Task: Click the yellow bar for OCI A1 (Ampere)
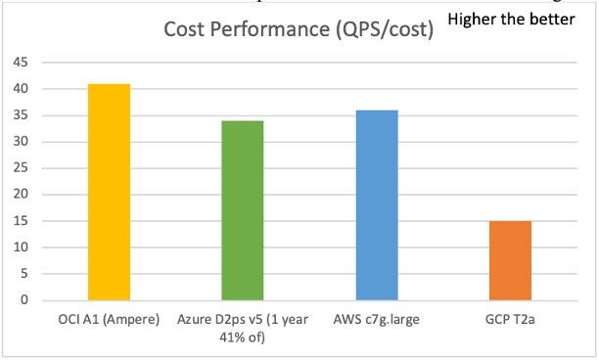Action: click(x=109, y=192)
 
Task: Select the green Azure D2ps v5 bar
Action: click(x=242, y=210)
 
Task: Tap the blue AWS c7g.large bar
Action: click(x=377, y=204)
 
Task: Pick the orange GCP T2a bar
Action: click(x=510, y=260)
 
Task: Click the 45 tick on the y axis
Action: click(x=20, y=63)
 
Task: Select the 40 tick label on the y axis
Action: click(x=20, y=89)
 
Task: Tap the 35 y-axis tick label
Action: click(x=20, y=115)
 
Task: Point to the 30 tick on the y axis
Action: click(x=20, y=142)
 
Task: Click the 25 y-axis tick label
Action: click(x=20, y=168)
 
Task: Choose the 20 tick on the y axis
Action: click(x=20, y=195)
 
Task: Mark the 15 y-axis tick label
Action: click(x=20, y=221)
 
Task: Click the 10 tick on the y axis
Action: click(x=20, y=247)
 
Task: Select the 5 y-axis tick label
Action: click(x=23, y=274)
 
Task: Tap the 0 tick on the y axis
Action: click(x=23, y=300)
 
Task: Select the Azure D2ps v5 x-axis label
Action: click(x=243, y=328)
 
